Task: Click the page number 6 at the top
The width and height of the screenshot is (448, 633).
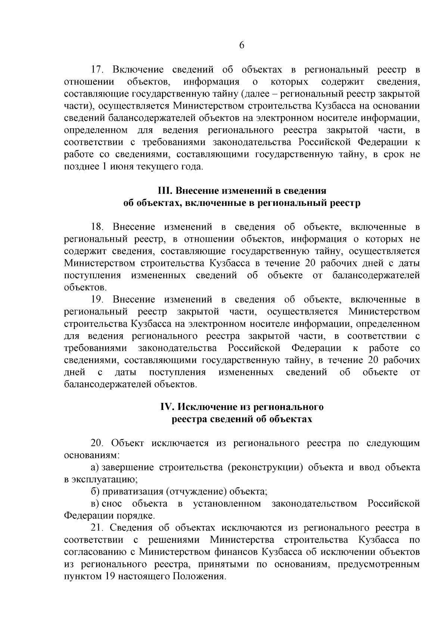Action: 241,45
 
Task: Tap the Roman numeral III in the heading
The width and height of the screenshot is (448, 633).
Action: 165,191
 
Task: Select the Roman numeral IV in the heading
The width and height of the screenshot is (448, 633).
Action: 165,407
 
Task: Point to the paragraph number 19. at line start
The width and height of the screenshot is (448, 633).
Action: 99,300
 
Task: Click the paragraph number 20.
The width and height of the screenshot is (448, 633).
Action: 99,443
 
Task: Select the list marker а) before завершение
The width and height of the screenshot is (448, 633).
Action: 95,467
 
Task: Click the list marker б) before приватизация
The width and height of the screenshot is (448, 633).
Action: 95,492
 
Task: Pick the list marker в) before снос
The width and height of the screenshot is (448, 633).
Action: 95,504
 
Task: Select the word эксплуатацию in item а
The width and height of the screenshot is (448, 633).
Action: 104,480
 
